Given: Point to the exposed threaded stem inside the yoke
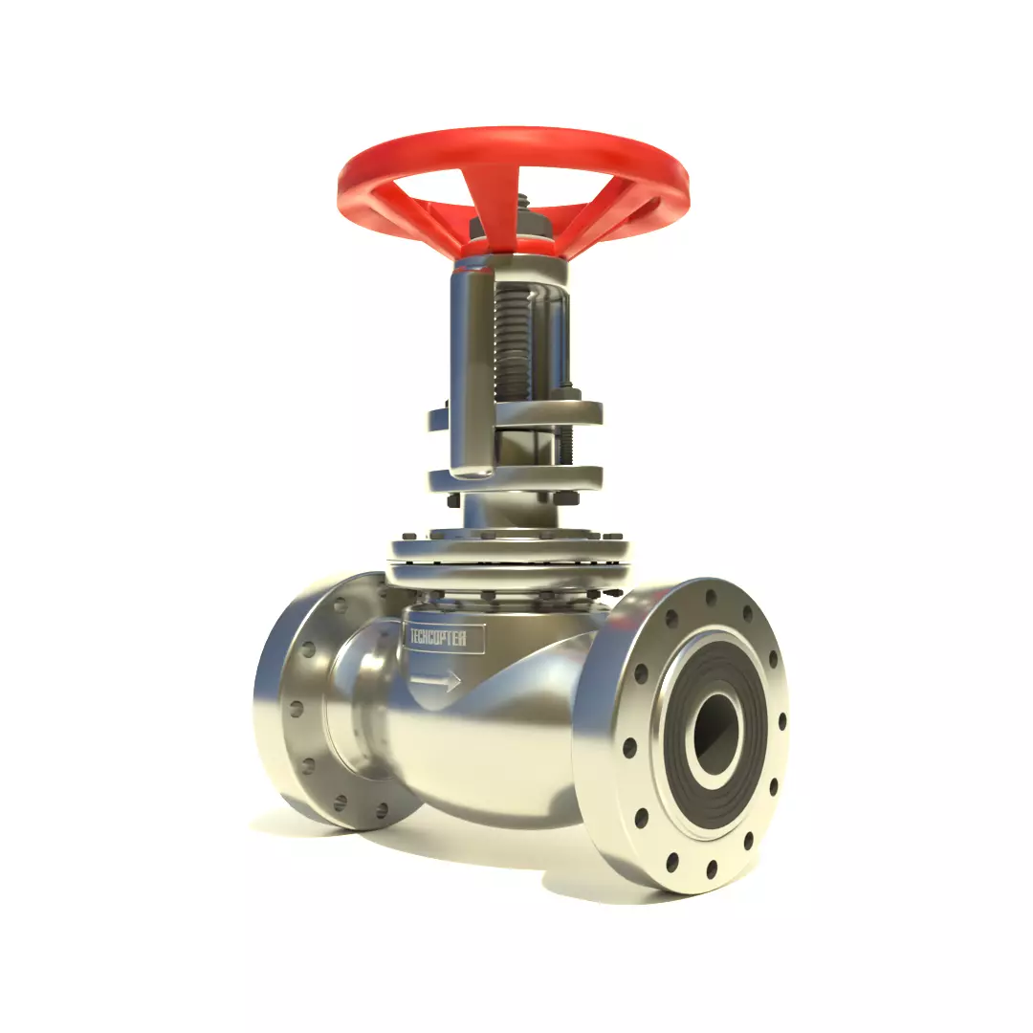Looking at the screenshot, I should [x=515, y=344].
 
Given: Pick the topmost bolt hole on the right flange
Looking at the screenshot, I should [x=709, y=599].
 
